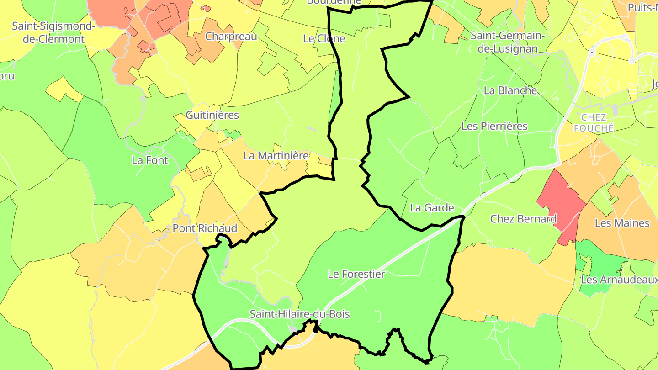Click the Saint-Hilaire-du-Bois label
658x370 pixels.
(300, 314)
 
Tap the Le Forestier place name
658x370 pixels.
(356, 274)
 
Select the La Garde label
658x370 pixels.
(432, 208)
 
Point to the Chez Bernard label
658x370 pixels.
(523, 219)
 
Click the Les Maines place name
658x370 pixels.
(622, 223)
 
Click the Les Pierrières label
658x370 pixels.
(494, 126)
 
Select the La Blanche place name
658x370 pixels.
(510, 90)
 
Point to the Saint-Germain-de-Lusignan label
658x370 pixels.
(508, 42)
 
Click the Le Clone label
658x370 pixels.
(324, 39)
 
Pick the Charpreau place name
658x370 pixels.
(231, 37)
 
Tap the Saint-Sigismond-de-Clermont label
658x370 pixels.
(54, 32)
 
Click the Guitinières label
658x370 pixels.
(212, 115)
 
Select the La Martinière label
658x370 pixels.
(276, 155)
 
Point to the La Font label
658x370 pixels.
(150, 160)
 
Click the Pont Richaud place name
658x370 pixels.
(205, 228)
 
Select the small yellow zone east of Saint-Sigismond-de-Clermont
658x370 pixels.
(62, 89)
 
